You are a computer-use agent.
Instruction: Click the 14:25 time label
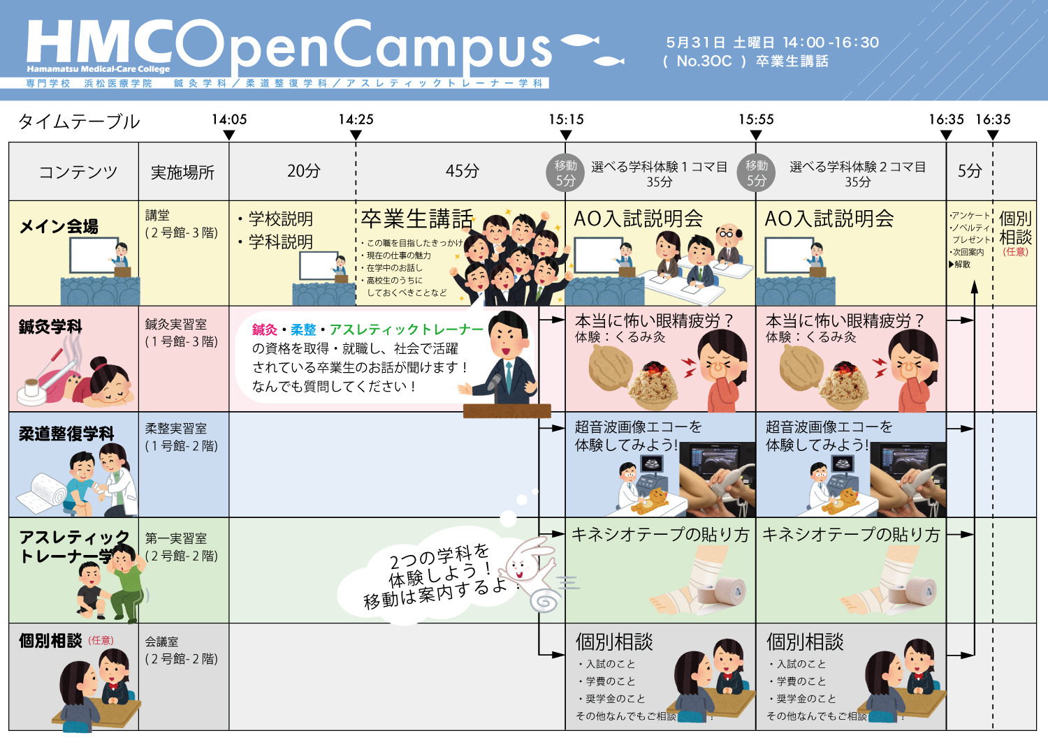[x=356, y=119]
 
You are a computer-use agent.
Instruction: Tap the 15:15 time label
[x=566, y=119]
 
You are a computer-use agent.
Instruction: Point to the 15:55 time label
[x=756, y=119]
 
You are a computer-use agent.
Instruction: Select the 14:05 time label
[x=229, y=119]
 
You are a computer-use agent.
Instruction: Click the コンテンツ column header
[x=78, y=172]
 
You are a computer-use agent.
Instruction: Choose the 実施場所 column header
[x=182, y=172]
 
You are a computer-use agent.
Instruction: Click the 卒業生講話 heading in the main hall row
[x=417, y=219]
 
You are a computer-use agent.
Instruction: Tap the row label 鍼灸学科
[x=50, y=326]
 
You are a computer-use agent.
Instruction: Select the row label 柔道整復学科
[x=66, y=434]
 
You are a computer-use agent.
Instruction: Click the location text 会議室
[x=161, y=642]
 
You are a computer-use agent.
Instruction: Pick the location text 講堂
[x=157, y=215]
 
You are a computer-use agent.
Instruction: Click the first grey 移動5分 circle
[x=565, y=172]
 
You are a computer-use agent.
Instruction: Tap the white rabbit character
[x=531, y=574]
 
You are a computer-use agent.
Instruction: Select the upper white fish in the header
[x=580, y=40]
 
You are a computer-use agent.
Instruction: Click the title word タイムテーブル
[x=79, y=122]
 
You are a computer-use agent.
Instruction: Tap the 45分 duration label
[x=463, y=171]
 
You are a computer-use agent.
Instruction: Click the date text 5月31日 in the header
[x=696, y=43]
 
